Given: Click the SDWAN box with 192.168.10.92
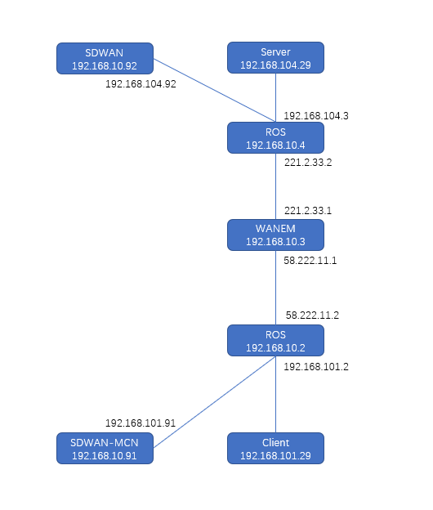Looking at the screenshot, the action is tap(105, 59).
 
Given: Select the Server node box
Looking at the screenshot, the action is tap(275, 57).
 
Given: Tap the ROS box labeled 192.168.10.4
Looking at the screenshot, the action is tap(275, 138).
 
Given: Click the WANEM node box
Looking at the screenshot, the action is tap(275, 235).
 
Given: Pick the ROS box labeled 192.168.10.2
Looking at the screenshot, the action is tap(275, 340).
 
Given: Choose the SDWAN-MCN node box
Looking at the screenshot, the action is tap(105, 448).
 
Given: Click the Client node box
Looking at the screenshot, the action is tap(275, 448).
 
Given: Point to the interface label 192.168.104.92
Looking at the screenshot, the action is tap(141, 84).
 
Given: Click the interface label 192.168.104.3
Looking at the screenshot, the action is tap(316, 116).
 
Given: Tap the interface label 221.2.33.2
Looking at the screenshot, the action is tap(308, 163).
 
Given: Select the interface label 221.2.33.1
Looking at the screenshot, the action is tap(308, 211).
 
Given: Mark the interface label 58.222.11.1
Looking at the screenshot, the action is tap(310, 261).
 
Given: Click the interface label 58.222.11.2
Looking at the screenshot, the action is tap(312, 315).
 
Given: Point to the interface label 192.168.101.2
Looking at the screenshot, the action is tap(316, 367).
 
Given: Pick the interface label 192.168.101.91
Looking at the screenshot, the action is tap(141, 423).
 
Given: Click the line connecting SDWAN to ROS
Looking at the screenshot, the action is tap(215, 91).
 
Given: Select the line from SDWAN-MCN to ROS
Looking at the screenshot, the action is tap(215, 402).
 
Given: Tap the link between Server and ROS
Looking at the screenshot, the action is tap(275, 97).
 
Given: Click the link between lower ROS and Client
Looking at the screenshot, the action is tap(275, 394).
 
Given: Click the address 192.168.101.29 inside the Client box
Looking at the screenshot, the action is tap(275, 456).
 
